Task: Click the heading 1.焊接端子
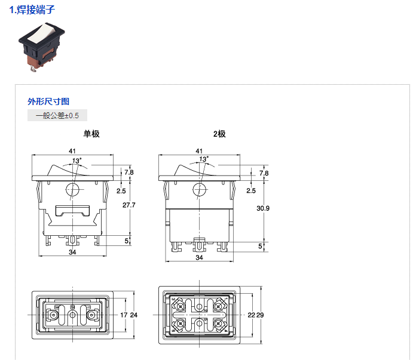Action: point(32,10)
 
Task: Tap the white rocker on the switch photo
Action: point(42,33)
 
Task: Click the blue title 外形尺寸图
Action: point(48,101)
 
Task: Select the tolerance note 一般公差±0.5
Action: point(57,116)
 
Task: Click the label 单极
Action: point(91,134)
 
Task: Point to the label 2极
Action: point(219,134)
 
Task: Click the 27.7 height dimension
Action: point(129,205)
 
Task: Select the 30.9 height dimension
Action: point(263,208)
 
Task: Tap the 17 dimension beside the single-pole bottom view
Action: point(124,315)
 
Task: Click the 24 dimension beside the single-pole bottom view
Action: point(134,315)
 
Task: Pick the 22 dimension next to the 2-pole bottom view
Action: point(251,315)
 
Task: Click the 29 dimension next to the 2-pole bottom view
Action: point(260,315)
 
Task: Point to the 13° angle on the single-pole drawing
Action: point(77,161)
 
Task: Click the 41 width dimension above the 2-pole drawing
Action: point(199,151)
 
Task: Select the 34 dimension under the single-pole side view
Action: point(72,252)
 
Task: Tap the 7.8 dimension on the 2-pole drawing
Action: point(264,173)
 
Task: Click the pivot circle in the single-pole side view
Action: point(72,189)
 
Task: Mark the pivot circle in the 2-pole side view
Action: point(200,189)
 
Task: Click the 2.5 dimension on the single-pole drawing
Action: point(121,191)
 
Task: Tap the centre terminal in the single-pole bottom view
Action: point(72,315)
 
